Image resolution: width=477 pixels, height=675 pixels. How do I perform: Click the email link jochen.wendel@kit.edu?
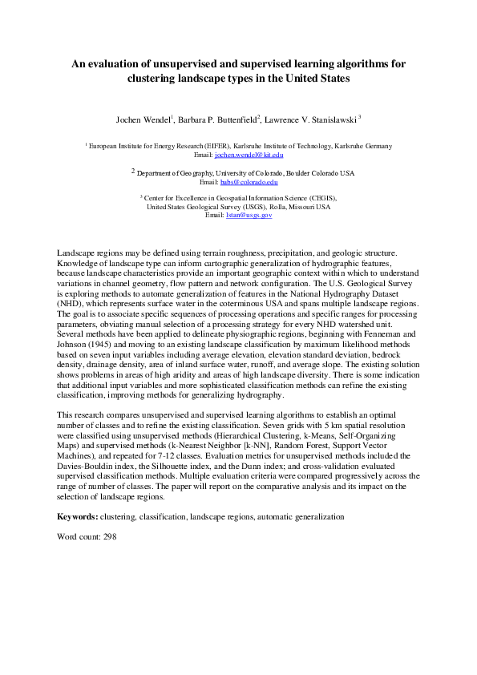coord(249,154)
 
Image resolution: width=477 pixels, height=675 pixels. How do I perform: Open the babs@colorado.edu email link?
coord(254,182)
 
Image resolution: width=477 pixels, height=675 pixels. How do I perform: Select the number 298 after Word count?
coord(110,536)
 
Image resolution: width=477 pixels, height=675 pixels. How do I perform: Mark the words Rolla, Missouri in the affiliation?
coord(288,206)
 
